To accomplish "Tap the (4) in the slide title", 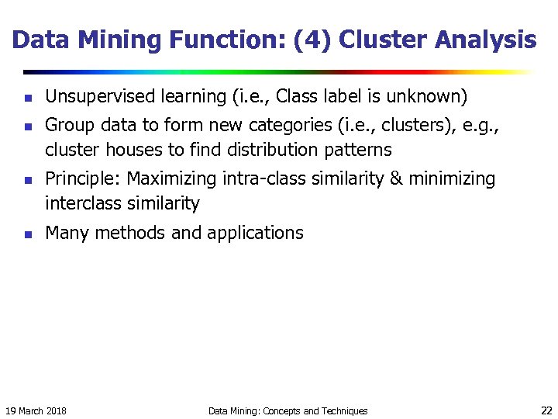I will (x=319, y=40).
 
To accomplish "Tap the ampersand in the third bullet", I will (x=396, y=178).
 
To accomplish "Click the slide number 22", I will (x=546, y=410).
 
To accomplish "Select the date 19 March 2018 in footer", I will (x=36, y=410).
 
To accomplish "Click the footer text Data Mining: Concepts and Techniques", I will (x=288, y=410).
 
